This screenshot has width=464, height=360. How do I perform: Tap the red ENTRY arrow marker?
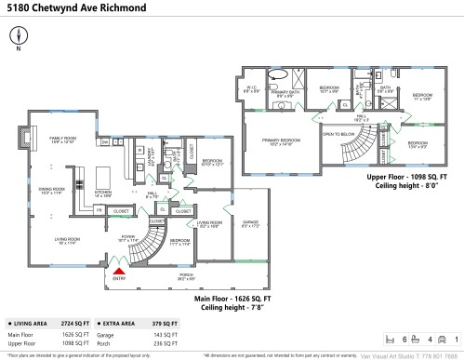pyautogui.click(x=118, y=269)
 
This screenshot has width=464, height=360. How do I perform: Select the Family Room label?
pyautogui.click(x=62, y=140)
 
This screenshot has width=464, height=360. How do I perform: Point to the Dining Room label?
pyautogui.click(x=51, y=192)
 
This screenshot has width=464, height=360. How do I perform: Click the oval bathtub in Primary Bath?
pyautogui.click(x=278, y=74)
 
